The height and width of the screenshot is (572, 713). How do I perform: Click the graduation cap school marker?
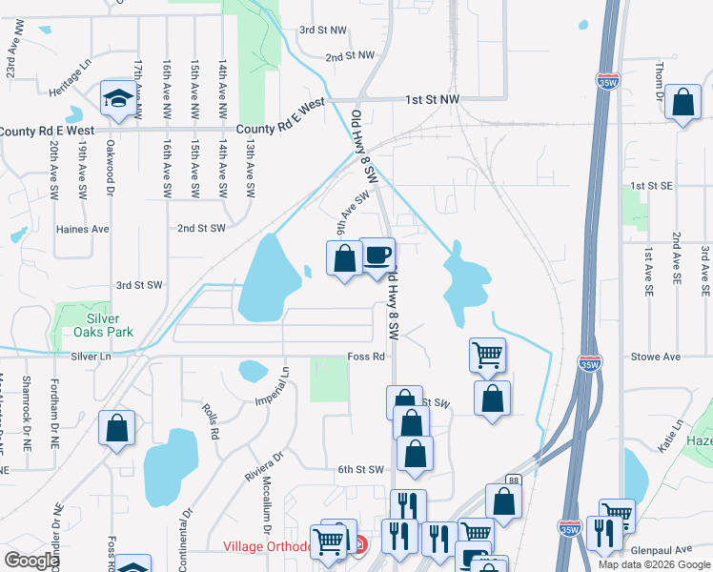118,98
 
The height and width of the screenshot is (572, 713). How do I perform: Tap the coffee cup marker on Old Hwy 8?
377,255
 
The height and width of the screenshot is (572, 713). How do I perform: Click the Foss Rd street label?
365,357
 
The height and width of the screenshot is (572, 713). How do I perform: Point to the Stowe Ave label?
656,357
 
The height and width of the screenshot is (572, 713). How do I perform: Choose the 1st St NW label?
432,99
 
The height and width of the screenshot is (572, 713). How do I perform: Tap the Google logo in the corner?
31,560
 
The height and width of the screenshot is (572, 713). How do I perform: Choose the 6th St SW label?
359,469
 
